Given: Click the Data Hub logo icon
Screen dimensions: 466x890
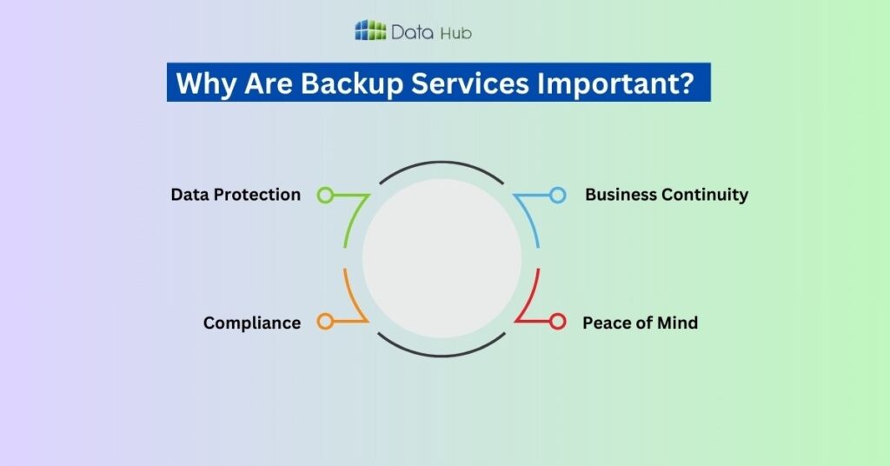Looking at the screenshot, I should click(370, 31).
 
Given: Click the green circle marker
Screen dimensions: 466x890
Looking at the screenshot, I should click(325, 195).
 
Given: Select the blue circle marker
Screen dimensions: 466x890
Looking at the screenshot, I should click(557, 195).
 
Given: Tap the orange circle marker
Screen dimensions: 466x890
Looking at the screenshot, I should click(325, 322).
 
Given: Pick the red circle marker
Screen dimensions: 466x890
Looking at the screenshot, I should click(557, 322).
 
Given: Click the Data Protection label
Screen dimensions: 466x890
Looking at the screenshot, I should click(236, 195).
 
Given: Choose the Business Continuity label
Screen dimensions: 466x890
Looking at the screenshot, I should click(666, 195).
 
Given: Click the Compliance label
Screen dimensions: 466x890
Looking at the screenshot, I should click(252, 323).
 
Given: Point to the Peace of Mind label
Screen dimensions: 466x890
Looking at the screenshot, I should click(640, 323).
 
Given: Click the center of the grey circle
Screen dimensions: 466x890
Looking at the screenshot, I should click(442, 258).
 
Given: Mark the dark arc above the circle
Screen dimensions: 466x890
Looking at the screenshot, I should click(442, 162).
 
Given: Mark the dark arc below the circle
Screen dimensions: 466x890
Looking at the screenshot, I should click(442, 355).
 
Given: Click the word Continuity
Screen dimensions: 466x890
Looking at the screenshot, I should click(704, 195).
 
